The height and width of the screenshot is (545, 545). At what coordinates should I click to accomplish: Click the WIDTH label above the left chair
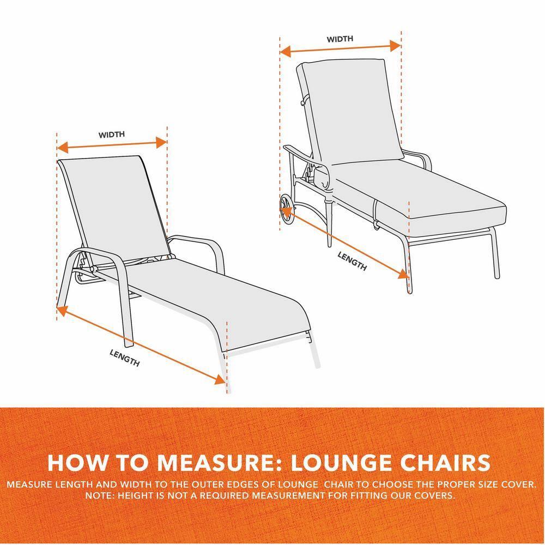pos(112,135)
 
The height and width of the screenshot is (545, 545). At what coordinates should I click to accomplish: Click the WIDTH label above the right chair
pos(340,39)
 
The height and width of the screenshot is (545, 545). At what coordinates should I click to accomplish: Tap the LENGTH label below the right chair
pos(352,261)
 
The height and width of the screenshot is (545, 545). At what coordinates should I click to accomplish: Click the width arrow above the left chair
pos(112,146)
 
